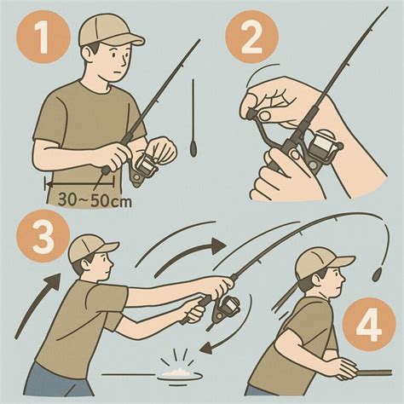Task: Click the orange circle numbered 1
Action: (x=43, y=37)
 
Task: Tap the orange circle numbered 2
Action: (x=251, y=37)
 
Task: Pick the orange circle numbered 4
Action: (x=369, y=325)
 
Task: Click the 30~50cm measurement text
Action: (x=95, y=200)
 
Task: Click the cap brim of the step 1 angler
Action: (x=130, y=39)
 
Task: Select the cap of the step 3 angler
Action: (x=91, y=250)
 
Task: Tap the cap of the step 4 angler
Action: (x=322, y=263)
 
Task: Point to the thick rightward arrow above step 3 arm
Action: (x=191, y=255)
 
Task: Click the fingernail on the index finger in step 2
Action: (x=265, y=116)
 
